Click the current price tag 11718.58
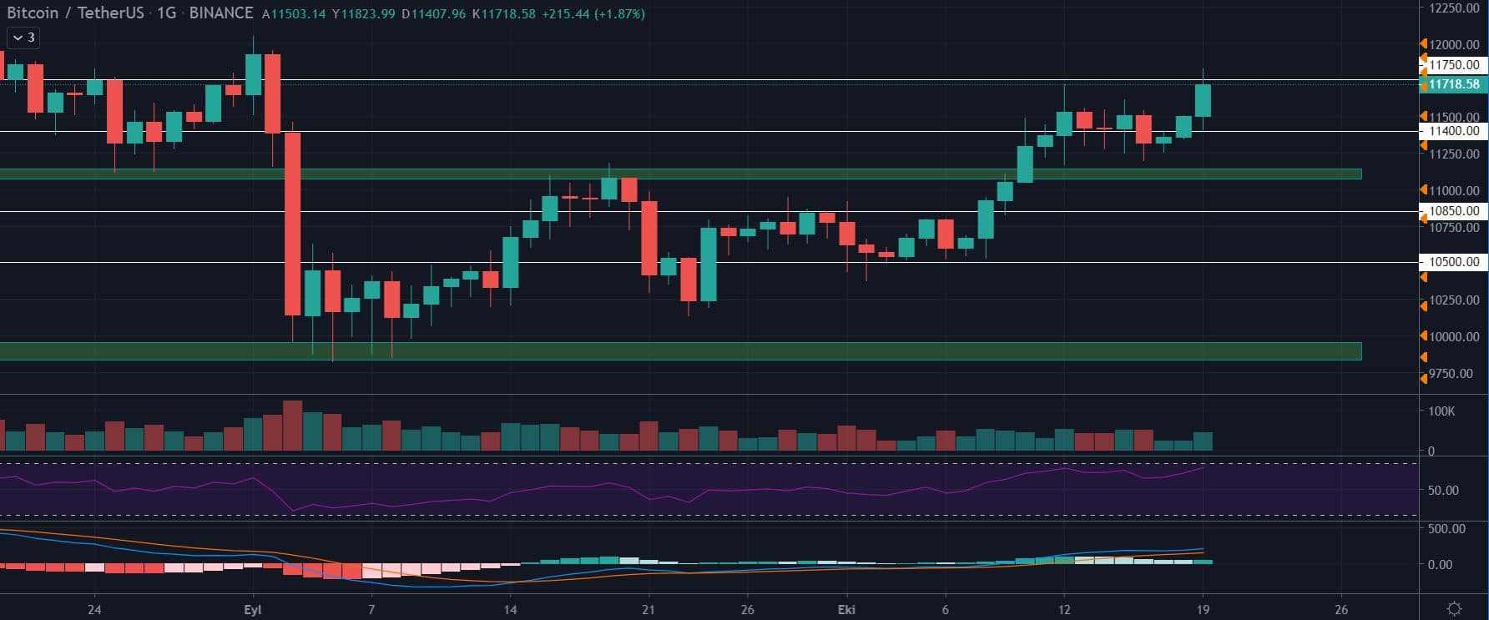point(1453,84)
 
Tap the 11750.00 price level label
point(1453,65)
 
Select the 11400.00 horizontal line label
point(1453,131)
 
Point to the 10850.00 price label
point(1453,211)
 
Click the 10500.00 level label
point(1453,262)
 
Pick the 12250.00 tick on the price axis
point(1454,8)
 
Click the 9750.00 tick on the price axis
point(1451,374)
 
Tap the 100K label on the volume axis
point(1441,411)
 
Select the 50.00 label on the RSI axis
point(1443,490)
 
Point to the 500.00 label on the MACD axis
point(1446,528)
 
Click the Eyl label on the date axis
point(253,609)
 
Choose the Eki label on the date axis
point(846,609)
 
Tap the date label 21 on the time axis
point(649,609)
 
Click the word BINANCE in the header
point(220,13)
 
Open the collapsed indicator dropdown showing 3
point(23,38)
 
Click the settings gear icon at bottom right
point(1454,608)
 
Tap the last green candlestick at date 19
point(1203,100)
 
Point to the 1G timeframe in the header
point(166,13)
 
